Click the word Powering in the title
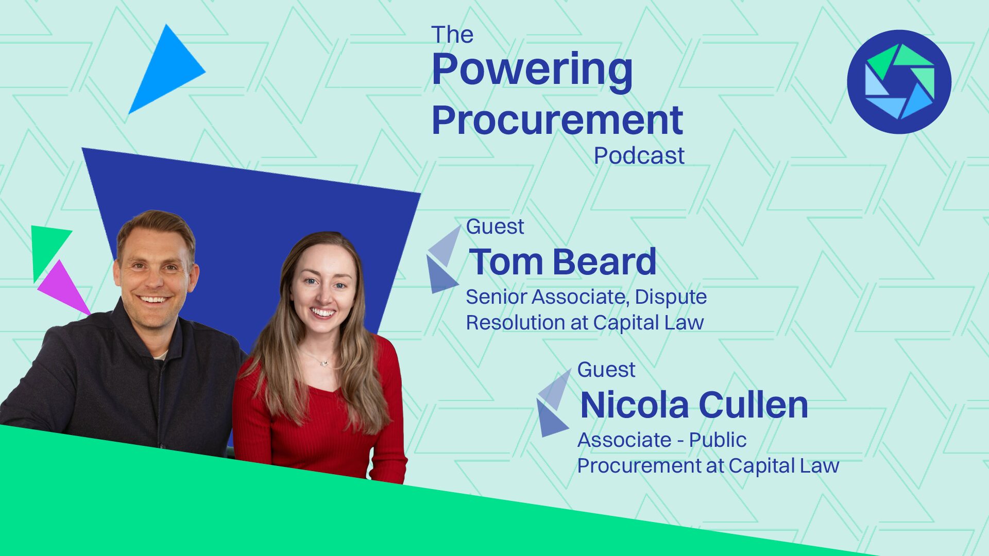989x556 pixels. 532,71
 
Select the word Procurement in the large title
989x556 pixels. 557,120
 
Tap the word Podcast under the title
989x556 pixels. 639,155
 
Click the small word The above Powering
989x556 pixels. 452,35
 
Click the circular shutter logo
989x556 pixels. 899,82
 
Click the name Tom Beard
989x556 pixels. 562,262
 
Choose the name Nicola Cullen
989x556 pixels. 694,405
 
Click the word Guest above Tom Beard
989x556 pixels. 495,227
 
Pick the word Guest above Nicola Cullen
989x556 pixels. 606,370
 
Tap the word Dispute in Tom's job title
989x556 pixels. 671,297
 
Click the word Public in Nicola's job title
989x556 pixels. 718,440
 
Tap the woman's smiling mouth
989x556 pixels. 323,312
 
